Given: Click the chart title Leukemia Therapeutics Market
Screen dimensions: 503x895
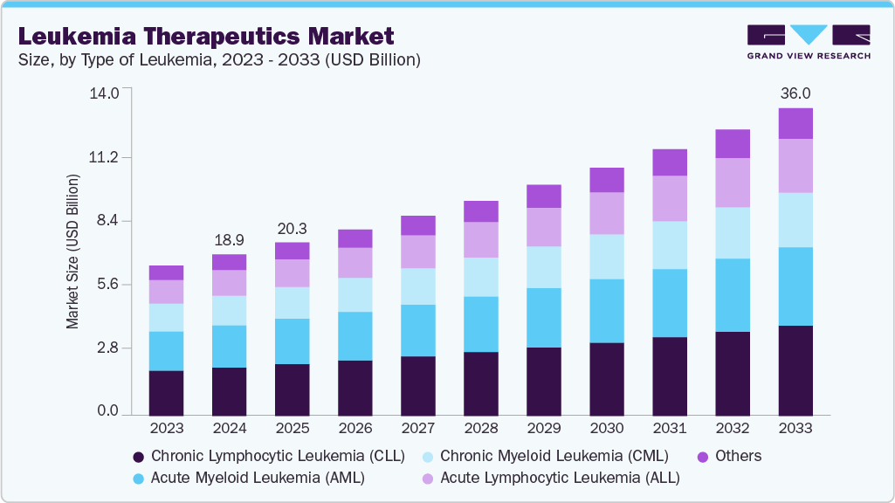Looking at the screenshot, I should point(206,36).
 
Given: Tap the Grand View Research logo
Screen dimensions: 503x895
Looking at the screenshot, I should point(808,41).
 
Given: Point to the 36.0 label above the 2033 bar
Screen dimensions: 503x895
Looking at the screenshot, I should point(795,93).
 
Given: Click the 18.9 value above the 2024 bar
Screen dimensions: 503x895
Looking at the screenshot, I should point(229,239).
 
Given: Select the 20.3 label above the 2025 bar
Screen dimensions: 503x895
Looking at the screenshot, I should point(292,228).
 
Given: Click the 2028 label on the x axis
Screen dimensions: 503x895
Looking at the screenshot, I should point(480,429).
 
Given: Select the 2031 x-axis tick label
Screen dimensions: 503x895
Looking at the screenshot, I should point(670,429).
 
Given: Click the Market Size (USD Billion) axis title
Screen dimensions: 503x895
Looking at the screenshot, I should point(72,251).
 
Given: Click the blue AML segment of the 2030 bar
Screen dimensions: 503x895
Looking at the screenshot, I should point(607,311).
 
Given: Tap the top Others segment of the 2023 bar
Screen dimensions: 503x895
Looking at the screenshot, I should point(166,272).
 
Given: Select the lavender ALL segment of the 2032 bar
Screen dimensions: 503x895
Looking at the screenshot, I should point(733,183).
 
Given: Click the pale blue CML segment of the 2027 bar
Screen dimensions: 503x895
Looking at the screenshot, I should point(417,286).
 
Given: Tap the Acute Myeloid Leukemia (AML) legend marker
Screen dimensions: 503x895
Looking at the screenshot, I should point(138,478).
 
